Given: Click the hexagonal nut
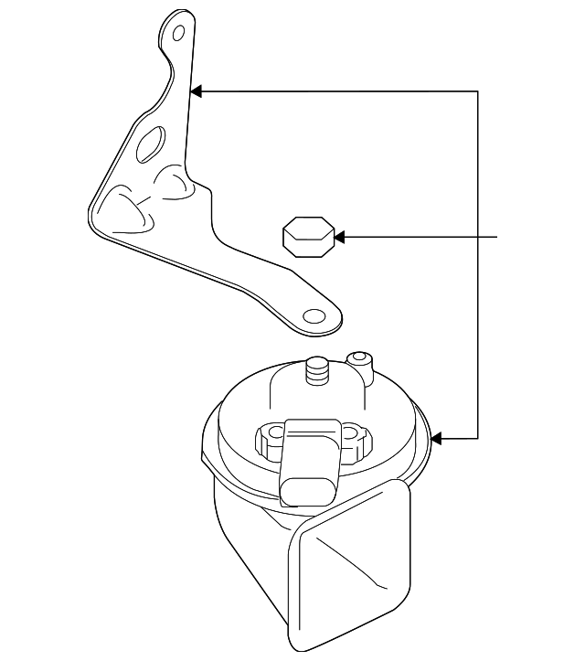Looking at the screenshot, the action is pyautogui.click(x=305, y=239).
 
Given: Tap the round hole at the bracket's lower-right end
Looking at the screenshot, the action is pyautogui.click(x=314, y=316).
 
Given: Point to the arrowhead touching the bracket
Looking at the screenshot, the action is pyautogui.click(x=195, y=91).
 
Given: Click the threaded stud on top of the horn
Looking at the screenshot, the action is pyautogui.click(x=317, y=372).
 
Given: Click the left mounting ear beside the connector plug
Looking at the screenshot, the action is pyautogui.click(x=269, y=441).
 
